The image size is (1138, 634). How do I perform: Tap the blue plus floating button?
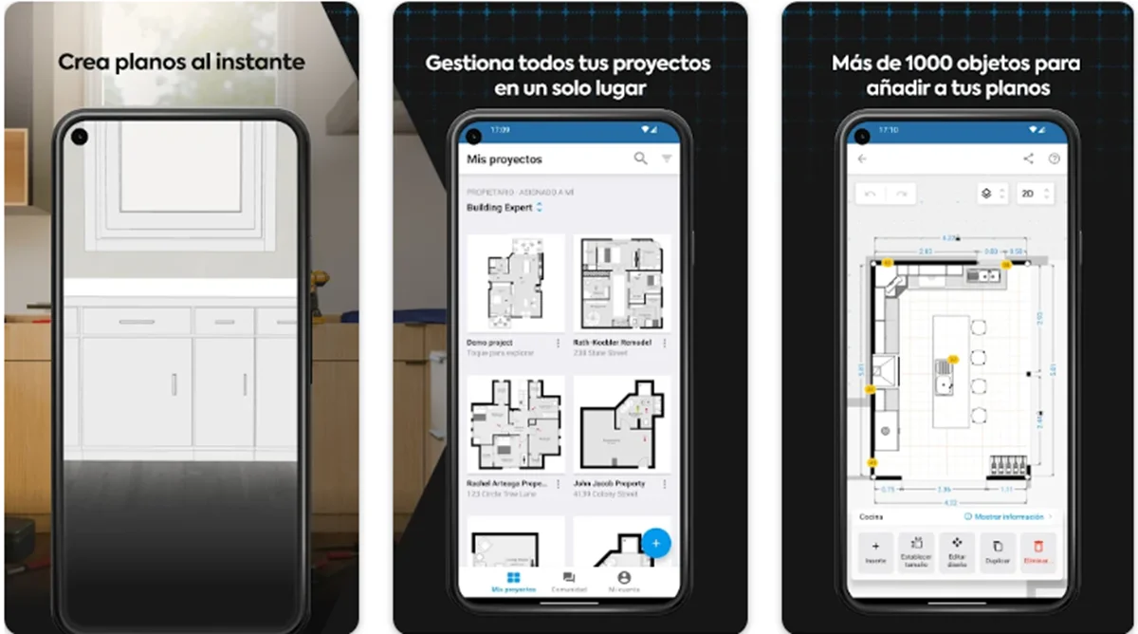coord(656,543)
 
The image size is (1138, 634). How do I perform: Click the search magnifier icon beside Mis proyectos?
coord(641,158)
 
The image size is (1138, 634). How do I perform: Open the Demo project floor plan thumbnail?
coord(515,283)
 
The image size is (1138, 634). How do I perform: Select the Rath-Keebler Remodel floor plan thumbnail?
coord(621,283)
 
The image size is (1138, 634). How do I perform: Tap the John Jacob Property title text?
coord(609,483)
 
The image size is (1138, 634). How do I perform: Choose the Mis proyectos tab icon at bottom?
coord(513,577)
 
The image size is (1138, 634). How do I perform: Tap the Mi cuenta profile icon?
coord(623,577)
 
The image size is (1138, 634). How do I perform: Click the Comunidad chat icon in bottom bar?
coord(568,577)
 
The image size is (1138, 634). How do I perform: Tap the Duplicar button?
coord(997,551)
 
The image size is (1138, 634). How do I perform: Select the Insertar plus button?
coord(875,551)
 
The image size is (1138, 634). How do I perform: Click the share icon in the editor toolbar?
coord(1029,158)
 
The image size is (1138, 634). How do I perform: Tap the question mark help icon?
coord(1054,158)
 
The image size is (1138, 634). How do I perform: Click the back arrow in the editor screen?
coord(861,158)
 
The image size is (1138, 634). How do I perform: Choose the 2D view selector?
coord(1035,194)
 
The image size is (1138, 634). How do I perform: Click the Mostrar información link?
coord(1008,516)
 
